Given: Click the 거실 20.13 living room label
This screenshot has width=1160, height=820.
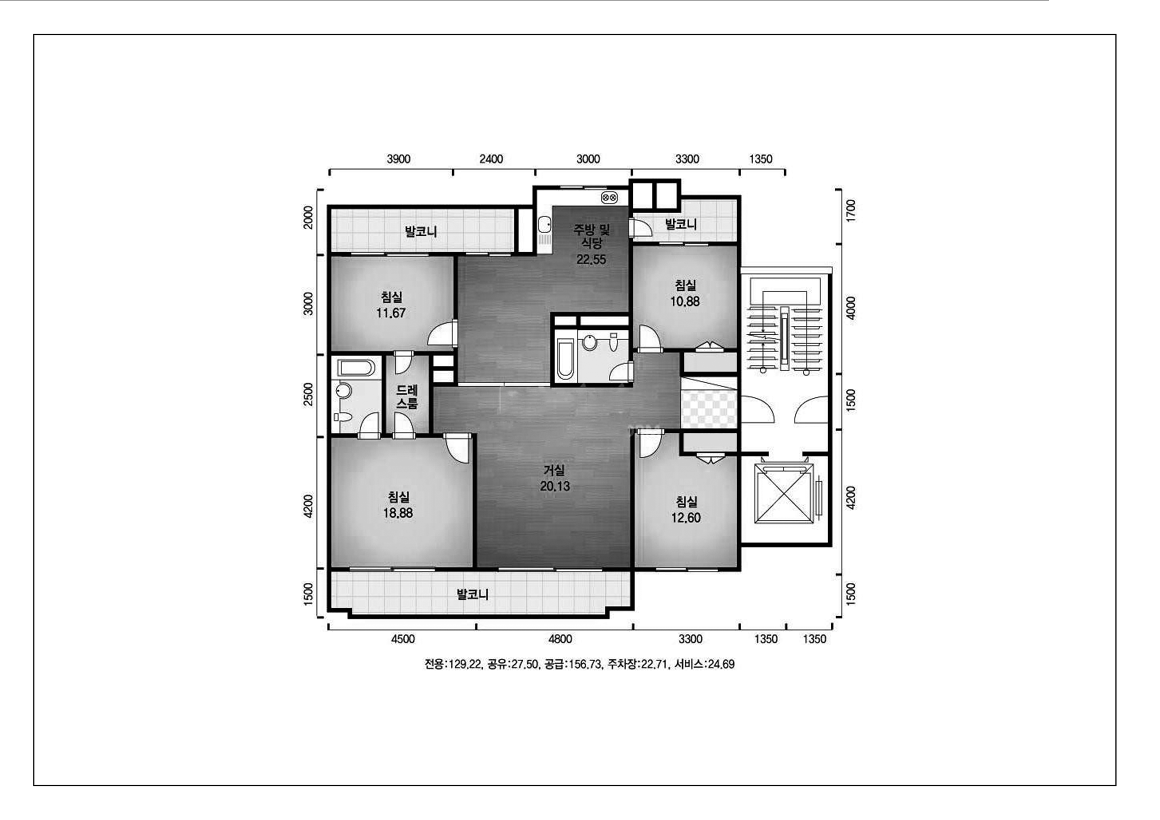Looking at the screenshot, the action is click(555, 478).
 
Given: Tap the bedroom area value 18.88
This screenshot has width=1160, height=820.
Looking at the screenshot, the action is click(398, 513).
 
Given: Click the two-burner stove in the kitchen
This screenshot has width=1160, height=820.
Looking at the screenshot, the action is click(609, 198).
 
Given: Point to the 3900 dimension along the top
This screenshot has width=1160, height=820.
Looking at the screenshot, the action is click(399, 159).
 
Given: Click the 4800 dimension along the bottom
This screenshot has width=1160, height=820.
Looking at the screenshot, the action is click(560, 639).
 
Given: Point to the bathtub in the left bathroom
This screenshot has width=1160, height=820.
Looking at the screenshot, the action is click(356, 367).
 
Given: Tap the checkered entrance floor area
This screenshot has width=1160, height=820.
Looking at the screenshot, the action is click(709, 409).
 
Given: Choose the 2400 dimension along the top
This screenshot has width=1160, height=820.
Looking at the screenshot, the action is click(491, 159).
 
